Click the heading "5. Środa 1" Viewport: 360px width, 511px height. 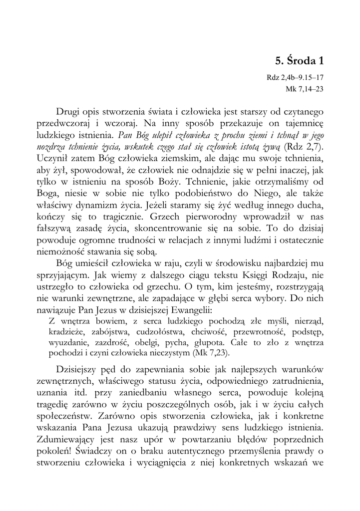pyautogui.click(x=299, y=61)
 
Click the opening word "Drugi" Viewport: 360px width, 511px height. pyautogui.click(x=70, y=110)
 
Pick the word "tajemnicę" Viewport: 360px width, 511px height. pyautogui.click(x=302, y=122)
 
